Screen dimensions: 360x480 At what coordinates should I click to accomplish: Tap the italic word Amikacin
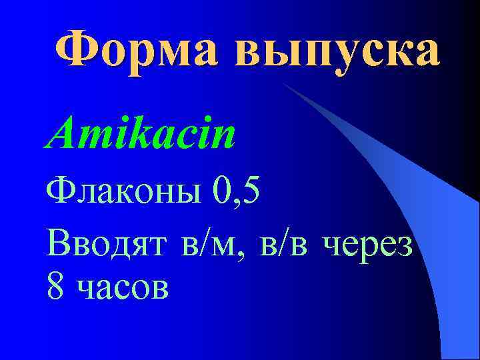[x=141, y=133]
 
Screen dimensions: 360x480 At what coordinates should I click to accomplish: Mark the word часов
[x=123, y=289]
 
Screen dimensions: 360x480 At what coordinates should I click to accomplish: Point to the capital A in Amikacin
[x=61, y=131]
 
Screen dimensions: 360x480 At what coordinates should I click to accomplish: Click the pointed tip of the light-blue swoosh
[x=283, y=85]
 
